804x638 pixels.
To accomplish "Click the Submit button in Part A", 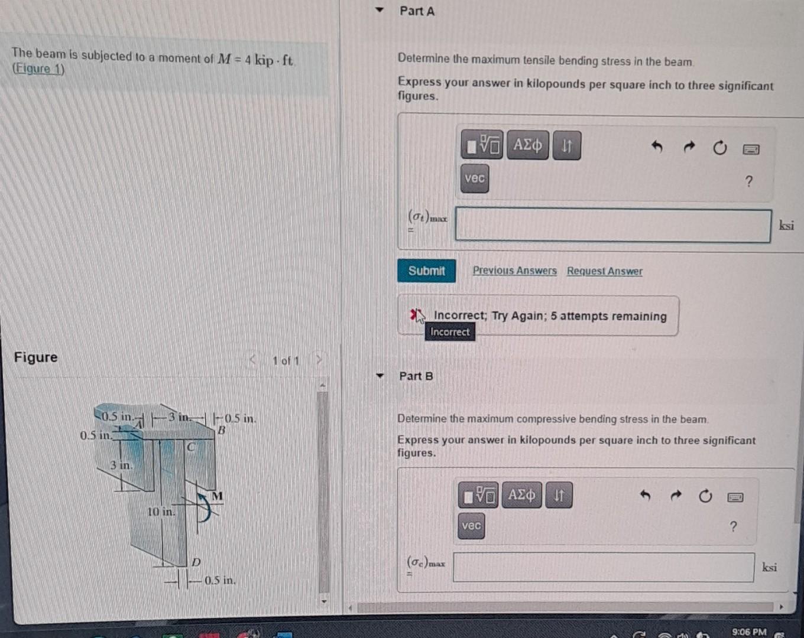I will click(426, 271).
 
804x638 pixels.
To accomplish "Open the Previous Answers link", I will click(514, 271).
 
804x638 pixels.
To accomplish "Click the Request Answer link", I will click(604, 271).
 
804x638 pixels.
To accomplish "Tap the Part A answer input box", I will click(613, 225).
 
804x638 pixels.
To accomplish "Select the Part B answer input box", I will click(604, 567).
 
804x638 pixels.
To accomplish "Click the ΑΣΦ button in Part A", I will click(527, 145).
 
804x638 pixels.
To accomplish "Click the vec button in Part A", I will click(474, 178).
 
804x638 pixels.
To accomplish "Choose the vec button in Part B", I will click(471, 526).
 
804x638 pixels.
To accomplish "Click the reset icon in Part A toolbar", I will click(719, 148).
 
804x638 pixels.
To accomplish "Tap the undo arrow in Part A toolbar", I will click(657, 146).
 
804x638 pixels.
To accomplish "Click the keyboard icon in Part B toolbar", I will click(735, 497).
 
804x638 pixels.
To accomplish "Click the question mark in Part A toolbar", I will click(749, 181).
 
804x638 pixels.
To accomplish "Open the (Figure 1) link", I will click(38, 69).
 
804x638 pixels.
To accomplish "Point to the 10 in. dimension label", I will click(161, 512).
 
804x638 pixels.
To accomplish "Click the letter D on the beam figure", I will click(196, 562).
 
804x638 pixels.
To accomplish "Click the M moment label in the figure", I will click(217, 496).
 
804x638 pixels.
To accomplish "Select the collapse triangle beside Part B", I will click(380, 376).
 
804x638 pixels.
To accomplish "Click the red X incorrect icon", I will click(414, 315).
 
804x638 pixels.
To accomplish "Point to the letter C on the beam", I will click(190, 447).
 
